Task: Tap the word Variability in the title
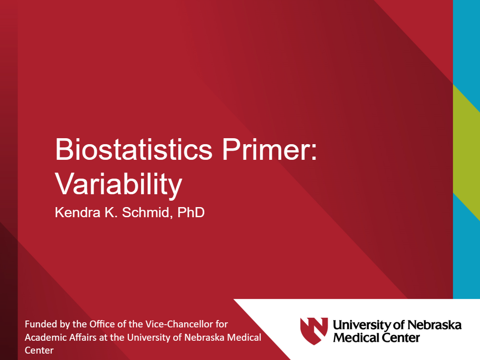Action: pos(119,185)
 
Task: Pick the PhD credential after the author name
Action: pos(191,213)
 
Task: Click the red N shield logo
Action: pos(314,331)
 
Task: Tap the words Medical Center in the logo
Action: pos(376,338)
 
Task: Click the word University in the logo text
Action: pos(362,325)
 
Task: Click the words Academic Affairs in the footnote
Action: pos(56,337)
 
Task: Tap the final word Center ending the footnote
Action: pos(39,351)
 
